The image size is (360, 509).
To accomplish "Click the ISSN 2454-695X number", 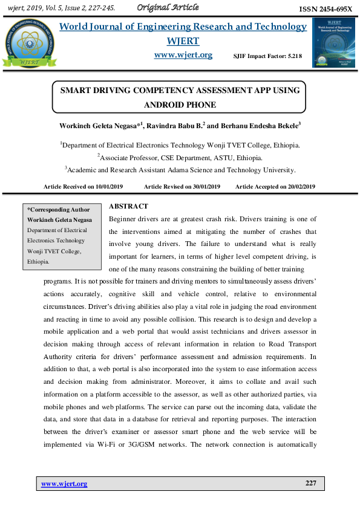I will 326,9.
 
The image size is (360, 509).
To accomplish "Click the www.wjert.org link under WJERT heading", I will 183,55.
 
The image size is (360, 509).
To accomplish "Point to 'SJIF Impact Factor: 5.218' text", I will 267,56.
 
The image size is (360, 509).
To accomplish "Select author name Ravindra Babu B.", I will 176,125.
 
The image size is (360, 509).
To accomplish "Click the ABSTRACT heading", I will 128,207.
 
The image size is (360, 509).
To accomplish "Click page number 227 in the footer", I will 310,484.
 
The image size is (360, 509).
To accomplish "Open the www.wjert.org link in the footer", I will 64,484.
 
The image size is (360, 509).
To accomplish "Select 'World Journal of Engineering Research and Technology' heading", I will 183,27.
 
